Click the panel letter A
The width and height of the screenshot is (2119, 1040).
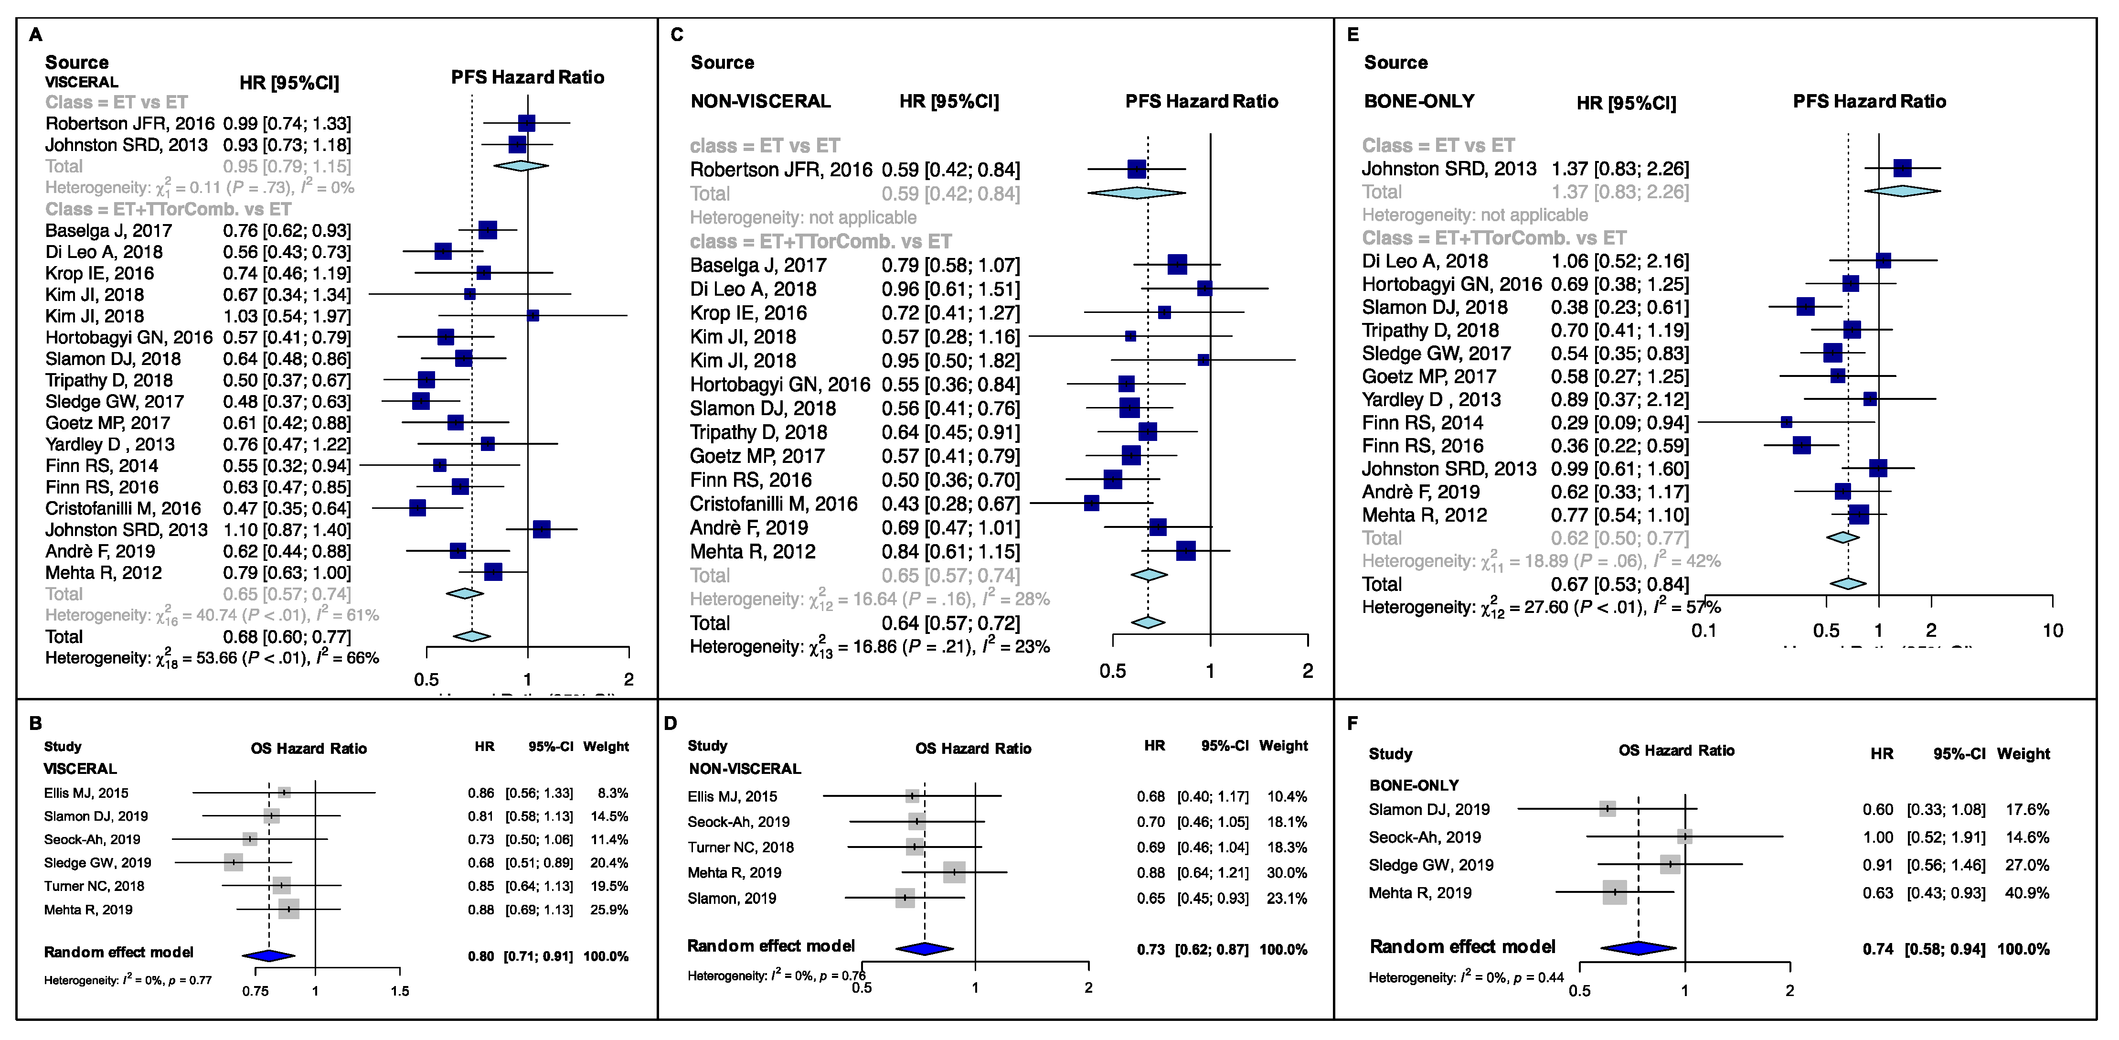35,34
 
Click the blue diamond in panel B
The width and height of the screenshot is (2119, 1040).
268,955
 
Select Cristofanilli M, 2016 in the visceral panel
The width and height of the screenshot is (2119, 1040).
123,508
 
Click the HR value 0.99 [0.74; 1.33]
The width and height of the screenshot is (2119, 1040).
286,123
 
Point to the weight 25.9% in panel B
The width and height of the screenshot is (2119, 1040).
609,909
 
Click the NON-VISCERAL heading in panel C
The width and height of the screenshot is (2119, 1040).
760,101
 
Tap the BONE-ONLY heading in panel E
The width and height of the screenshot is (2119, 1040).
1419,101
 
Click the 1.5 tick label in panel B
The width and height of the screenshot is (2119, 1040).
400,991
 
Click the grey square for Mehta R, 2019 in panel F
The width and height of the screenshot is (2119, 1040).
1615,892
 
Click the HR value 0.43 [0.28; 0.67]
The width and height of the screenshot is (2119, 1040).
950,504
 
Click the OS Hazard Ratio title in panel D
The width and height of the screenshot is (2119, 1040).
973,748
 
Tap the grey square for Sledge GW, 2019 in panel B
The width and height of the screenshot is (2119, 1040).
234,862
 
